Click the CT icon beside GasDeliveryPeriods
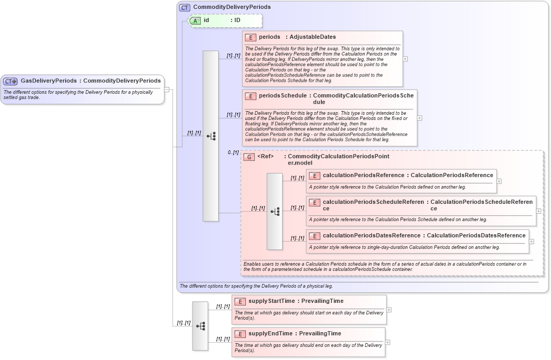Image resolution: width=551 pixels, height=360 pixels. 10,81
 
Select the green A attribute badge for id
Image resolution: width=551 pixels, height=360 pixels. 195,20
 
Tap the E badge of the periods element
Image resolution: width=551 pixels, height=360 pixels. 250,37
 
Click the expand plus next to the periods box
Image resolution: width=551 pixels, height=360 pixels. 405,59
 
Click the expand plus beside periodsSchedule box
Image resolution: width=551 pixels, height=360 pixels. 419,118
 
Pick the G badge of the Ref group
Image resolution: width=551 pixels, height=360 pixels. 250,157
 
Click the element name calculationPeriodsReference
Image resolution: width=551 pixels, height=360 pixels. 363,175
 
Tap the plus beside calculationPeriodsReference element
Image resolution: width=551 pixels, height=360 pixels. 499,181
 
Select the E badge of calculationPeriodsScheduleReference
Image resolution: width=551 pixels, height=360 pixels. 315,202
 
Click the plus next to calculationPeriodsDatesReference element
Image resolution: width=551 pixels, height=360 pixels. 532,242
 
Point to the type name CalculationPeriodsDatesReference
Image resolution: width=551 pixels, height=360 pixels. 476,235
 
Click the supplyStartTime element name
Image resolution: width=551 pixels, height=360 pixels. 272,301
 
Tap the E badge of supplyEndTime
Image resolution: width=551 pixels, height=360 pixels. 240,334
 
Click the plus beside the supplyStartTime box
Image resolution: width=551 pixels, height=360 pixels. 389,310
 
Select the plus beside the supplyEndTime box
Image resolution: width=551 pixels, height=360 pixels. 387,342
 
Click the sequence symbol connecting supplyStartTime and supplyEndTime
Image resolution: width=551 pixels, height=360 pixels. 200,326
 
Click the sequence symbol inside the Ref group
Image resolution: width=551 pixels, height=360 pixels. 275,211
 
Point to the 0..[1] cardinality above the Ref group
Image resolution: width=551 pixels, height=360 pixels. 233,152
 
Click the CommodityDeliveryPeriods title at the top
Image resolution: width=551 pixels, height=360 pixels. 232,7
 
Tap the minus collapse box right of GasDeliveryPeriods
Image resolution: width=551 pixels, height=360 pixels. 167,89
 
